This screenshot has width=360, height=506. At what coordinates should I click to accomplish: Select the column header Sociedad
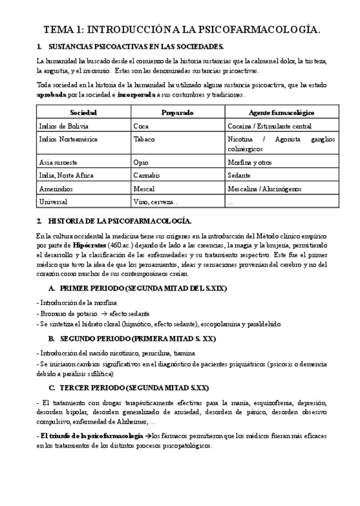click(x=83, y=112)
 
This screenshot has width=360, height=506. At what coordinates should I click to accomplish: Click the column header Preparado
click(x=177, y=112)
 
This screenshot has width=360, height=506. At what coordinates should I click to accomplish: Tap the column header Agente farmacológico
click(x=281, y=112)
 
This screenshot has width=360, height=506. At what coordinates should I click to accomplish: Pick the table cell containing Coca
click(x=141, y=126)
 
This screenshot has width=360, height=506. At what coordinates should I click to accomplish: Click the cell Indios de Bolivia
click(x=61, y=126)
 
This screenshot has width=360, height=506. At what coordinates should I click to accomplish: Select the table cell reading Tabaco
click(x=144, y=139)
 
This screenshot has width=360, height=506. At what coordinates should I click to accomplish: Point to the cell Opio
click(x=141, y=162)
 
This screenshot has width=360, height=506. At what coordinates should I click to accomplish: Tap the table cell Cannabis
click(x=146, y=175)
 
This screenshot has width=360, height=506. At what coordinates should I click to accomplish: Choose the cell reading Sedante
click(x=239, y=175)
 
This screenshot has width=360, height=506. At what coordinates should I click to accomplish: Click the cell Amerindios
click(x=56, y=189)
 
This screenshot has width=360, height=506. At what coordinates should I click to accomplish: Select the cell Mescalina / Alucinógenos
click(x=264, y=189)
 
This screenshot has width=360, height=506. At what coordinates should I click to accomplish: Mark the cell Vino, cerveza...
click(x=155, y=202)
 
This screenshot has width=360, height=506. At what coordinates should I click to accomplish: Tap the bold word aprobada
click(x=51, y=94)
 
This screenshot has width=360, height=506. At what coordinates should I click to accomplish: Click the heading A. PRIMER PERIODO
click(x=137, y=288)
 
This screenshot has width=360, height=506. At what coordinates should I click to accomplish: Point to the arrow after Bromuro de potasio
click(x=103, y=313)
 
